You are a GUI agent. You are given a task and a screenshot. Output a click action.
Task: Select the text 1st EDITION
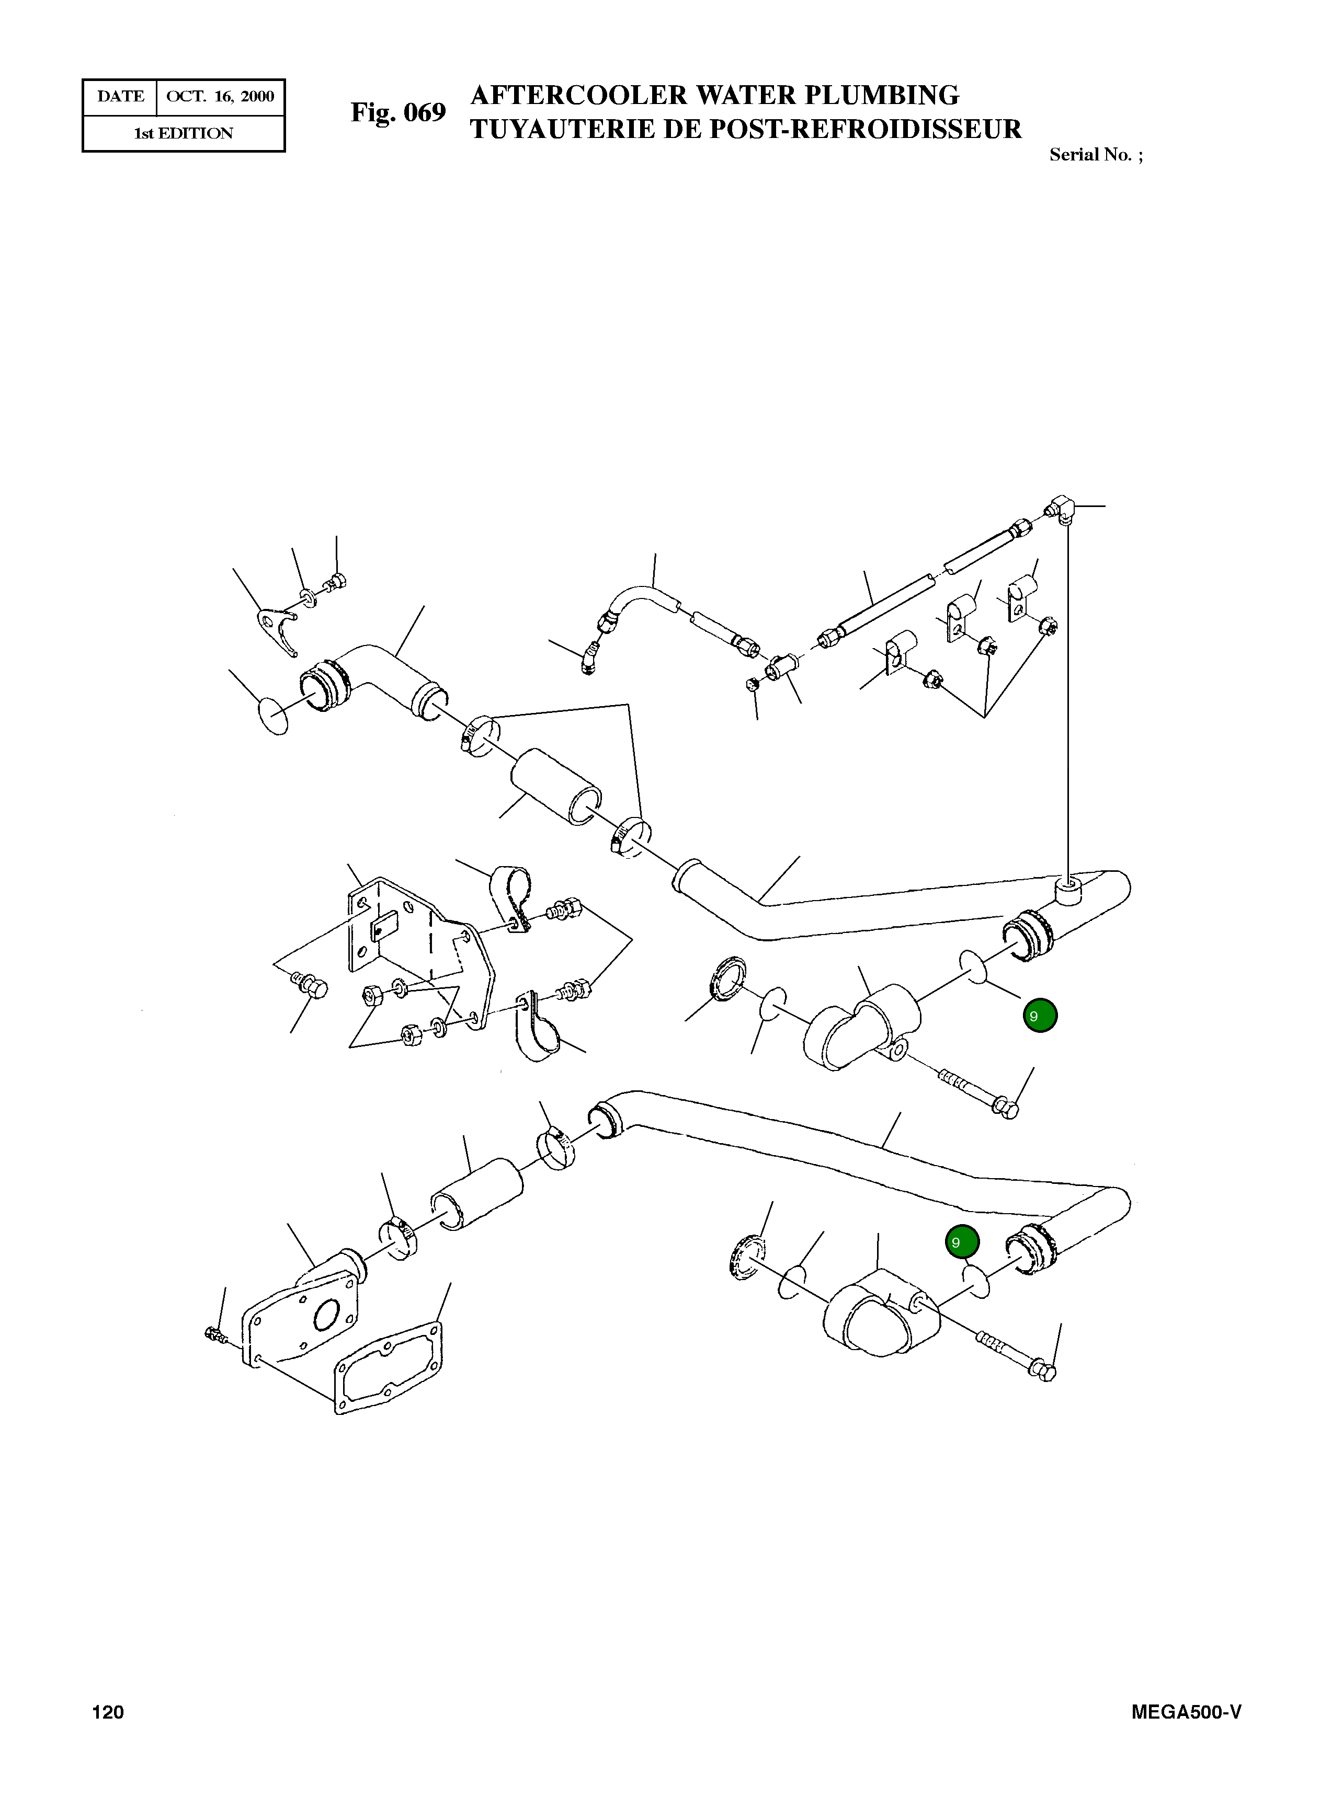pyautogui.click(x=183, y=133)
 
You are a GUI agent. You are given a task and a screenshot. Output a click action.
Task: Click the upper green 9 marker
pyautogui.click(x=1040, y=1016)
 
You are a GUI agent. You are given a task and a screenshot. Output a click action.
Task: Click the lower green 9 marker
pyautogui.click(x=961, y=1242)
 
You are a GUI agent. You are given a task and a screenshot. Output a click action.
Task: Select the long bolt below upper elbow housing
pyautogui.click(x=975, y=1092)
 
